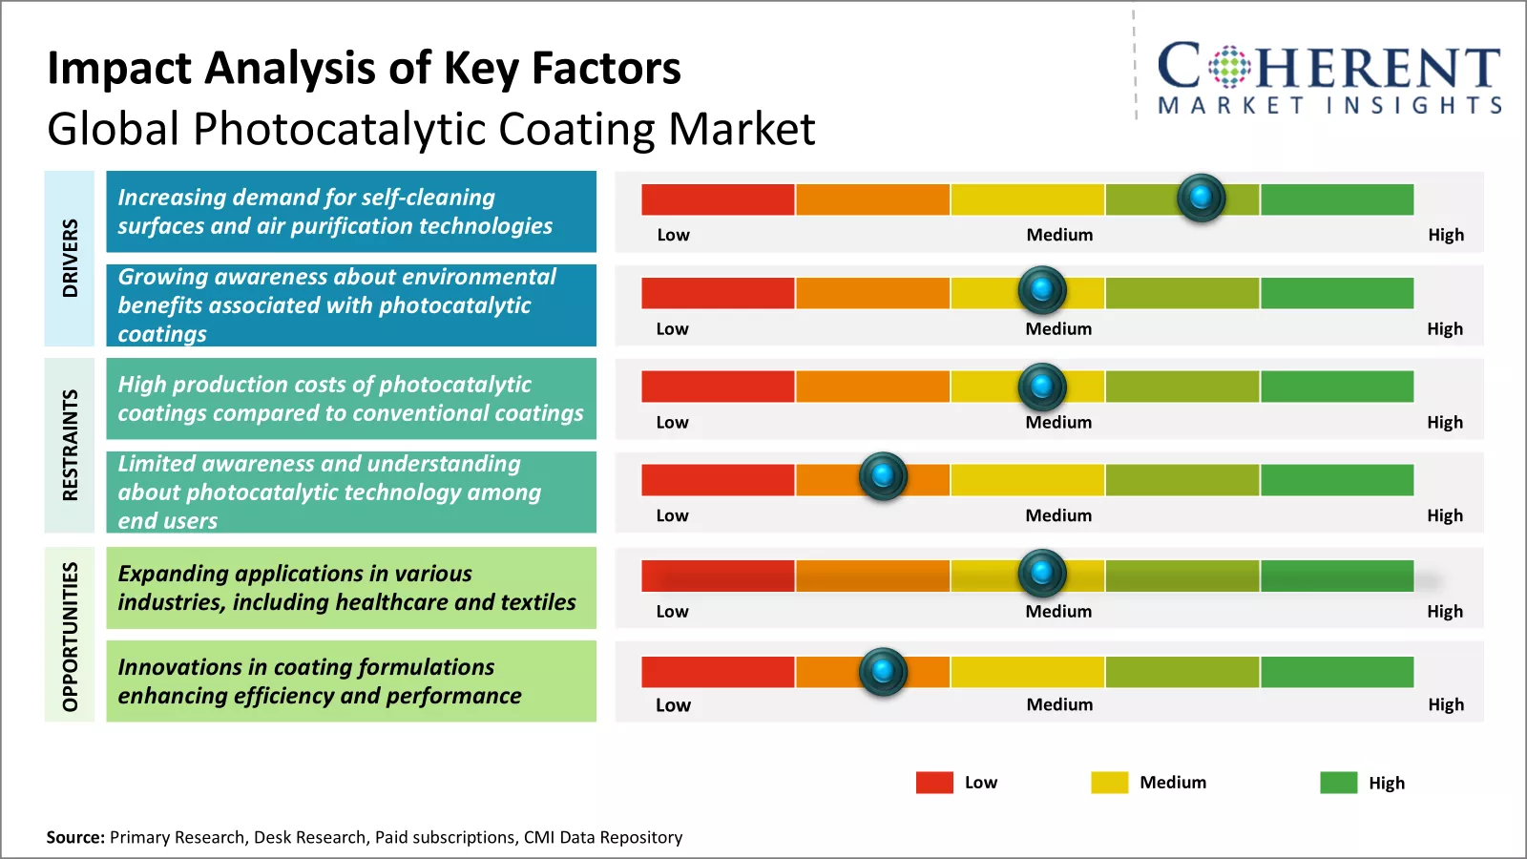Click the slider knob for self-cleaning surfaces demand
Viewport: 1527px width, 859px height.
coord(1201,198)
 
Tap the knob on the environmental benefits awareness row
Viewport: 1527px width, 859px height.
coord(1042,289)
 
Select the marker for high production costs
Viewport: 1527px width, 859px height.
coord(1042,387)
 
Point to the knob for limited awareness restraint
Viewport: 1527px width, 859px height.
coord(883,475)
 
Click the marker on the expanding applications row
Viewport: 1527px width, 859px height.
coord(1042,573)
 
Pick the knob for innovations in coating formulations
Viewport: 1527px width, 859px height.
coord(883,671)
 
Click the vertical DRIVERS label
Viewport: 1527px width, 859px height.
coord(70,258)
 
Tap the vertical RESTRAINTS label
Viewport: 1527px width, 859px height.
coord(70,445)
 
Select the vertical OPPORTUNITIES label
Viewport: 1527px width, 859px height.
coord(70,636)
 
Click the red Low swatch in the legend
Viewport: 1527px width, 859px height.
coord(934,783)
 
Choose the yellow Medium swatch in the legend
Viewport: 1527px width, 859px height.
coord(1109,783)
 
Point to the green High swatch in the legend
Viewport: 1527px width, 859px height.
coord(1338,783)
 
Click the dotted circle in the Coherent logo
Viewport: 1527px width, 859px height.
coord(1229,67)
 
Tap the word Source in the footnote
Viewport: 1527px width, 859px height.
coord(74,837)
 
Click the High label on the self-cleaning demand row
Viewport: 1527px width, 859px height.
coord(1446,235)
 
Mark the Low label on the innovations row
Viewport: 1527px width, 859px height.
coord(673,705)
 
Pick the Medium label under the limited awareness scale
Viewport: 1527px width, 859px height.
coord(1058,515)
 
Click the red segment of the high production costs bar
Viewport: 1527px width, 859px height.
coord(718,387)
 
